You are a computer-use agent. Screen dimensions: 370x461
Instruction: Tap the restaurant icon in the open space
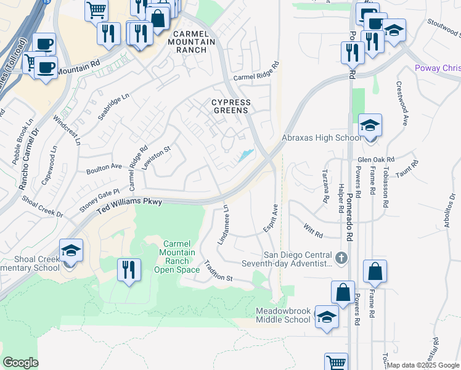(129, 270)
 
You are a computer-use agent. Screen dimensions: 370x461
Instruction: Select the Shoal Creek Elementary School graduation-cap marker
(71, 251)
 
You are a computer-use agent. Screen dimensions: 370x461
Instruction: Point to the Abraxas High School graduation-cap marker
(370, 126)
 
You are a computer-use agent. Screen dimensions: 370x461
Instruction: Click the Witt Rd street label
(313, 233)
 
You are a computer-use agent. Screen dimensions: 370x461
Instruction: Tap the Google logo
(21, 362)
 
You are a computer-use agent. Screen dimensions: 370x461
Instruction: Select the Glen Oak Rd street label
(375, 158)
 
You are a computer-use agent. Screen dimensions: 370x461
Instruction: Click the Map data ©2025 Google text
(423, 365)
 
